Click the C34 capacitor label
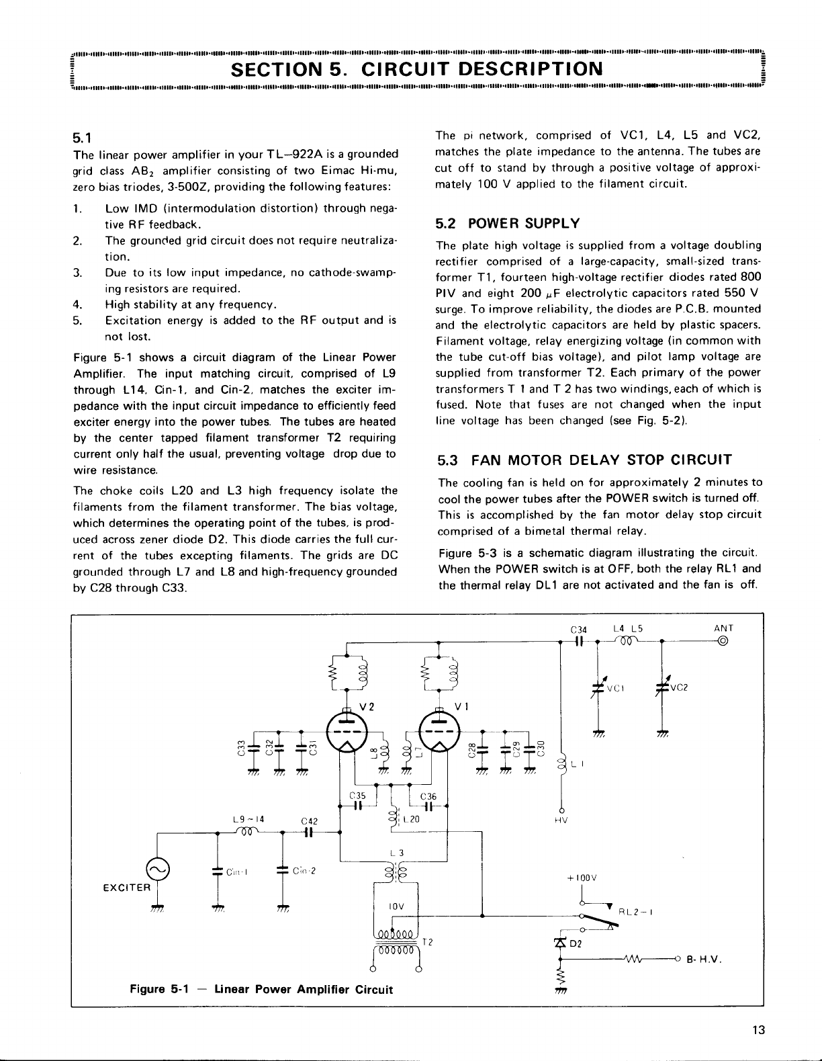(578, 630)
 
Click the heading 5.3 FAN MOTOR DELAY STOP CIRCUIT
(584, 461)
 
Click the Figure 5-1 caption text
(261, 989)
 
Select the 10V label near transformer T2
(396, 906)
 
